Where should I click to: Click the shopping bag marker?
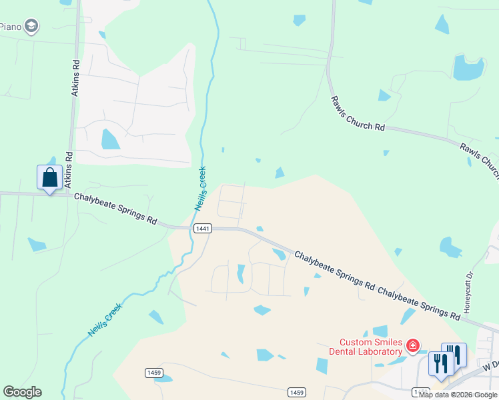click(49, 178)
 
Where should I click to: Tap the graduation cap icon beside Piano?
click(31, 26)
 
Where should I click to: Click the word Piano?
click(10, 27)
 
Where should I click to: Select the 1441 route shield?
click(203, 229)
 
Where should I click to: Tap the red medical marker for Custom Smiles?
click(413, 345)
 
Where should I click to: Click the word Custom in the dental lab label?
click(356, 342)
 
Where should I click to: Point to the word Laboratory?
click(380, 351)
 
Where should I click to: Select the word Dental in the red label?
click(342, 351)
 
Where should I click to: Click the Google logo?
click(22, 392)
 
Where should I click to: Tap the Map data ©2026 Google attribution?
click(458, 395)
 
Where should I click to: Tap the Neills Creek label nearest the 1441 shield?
click(200, 189)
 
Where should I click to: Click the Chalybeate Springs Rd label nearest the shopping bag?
click(115, 208)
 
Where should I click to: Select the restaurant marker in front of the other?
click(441, 363)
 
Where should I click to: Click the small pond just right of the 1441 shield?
click(259, 229)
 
